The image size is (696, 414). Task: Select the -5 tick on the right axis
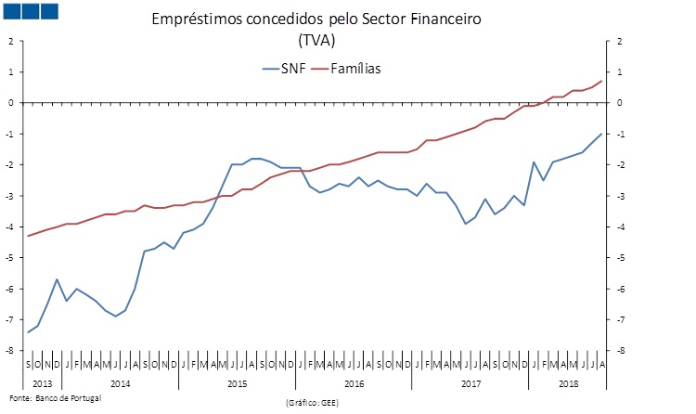coord(618,258)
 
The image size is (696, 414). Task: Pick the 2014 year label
coord(121,383)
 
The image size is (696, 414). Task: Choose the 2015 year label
coord(237,383)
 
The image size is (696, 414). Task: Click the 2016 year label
coord(354,383)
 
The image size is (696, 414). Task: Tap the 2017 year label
coord(470,383)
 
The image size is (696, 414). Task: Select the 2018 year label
coord(568,383)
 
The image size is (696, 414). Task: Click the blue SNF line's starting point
coord(29,332)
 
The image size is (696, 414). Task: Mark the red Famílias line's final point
coord(601,81)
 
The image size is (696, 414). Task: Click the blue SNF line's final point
coord(601,134)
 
